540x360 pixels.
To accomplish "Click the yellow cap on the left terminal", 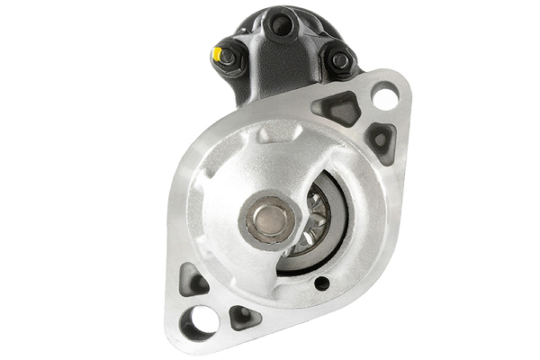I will click(x=217, y=53).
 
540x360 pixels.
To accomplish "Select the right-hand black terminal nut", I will click(x=339, y=61).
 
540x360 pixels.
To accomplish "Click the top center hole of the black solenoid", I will click(x=281, y=25).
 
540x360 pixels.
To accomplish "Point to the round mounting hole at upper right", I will click(x=385, y=95).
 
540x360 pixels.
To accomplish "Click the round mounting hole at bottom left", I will click(x=199, y=320).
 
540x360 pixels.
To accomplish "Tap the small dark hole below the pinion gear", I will click(x=321, y=284).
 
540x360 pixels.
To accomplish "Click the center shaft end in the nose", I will click(x=269, y=218).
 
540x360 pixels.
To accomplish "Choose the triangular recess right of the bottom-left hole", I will click(x=243, y=317).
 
